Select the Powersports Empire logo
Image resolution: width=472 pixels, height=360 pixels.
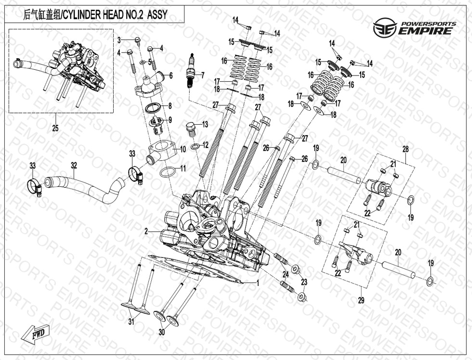(415, 27)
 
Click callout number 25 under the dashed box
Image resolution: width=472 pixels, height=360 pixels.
(55, 128)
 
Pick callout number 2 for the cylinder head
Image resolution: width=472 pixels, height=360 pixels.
(146, 231)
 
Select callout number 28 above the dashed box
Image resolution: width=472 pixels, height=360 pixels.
(406, 149)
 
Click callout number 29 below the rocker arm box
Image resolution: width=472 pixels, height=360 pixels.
(361, 300)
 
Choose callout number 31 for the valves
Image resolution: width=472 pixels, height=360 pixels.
(131, 322)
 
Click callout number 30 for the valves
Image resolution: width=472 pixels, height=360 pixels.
(162, 332)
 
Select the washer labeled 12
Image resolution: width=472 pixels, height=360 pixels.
(195, 147)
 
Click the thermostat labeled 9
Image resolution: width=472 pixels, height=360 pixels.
(157, 126)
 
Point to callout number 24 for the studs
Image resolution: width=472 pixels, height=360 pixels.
(285, 274)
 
